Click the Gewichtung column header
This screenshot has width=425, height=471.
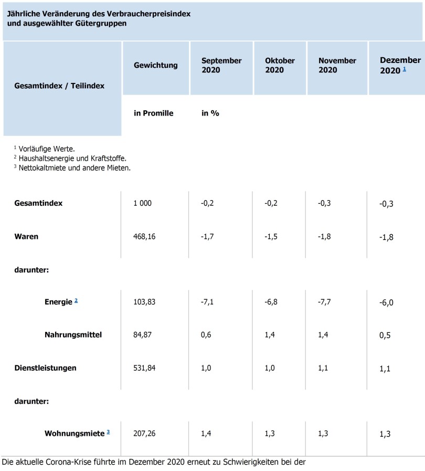[x=155, y=65]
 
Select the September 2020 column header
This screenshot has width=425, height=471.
[x=221, y=65]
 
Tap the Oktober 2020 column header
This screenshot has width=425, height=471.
[x=280, y=65]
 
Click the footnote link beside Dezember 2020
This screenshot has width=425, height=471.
[x=405, y=69]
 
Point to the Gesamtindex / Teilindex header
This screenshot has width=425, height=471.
[x=59, y=86]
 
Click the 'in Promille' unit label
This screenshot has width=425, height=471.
[x=153, y=113]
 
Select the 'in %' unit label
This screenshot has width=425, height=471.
[x=210, y=113]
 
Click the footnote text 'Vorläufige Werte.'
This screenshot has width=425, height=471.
[x=47, y=149]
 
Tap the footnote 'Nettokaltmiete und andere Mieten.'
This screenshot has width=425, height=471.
[x=75, y=168]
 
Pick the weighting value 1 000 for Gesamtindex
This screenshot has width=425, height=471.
[x=143, y=203]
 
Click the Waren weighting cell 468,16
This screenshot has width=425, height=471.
[x=144, y=237]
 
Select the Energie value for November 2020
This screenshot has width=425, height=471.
[x=324, y=302]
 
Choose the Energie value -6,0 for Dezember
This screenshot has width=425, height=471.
[x=386, y=302]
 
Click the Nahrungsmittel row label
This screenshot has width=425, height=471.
[x=73, y=334]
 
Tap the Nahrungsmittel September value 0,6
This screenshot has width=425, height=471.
[x=206, y=334]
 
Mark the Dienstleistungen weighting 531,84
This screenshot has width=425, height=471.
[x=144, y=368]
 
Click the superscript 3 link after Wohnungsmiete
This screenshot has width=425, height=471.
[x=108, y=432]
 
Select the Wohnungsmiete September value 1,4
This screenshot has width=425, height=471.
[x=206, y=433]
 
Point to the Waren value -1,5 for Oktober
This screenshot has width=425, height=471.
[x=271, y=237]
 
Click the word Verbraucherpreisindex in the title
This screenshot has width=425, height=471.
[x=148, y=14]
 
